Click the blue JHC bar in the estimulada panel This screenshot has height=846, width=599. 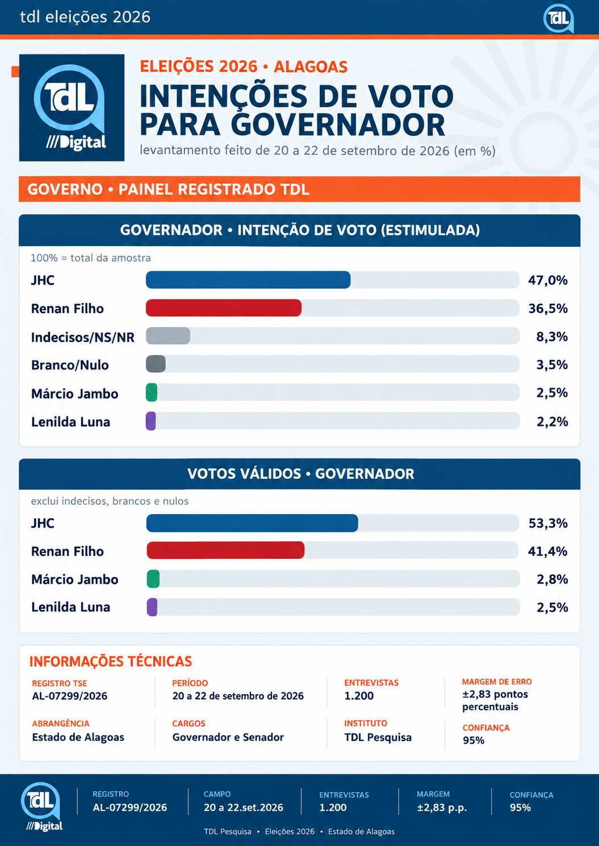click(x=248, y=280)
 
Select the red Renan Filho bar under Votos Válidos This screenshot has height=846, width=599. click(x=225, y=550)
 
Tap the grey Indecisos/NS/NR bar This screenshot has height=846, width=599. click(x=168, y=336)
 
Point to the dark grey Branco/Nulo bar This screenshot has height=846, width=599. click(x=156, y=364)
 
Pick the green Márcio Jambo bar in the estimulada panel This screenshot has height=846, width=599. click(x=152, y=393)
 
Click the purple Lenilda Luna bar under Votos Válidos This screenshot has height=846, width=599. click(x=152, y=607)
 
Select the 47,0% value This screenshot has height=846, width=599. click(x=547, y=280)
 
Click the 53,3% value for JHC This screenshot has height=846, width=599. click(x=548, y=523)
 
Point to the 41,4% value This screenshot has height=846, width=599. click(x=547, y=552)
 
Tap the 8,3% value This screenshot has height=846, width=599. click(x=552, y=336)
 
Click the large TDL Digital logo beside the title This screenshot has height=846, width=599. click(x=72, y=108)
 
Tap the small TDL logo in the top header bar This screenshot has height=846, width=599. click(x=559, y=18)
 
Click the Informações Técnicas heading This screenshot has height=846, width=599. click(x=111, y=662)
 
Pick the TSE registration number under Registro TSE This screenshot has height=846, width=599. click(x=69, y=696)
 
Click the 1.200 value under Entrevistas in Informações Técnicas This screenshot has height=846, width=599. click(x=359, y=696)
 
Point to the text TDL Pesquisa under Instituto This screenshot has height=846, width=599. click(x=378, y=737)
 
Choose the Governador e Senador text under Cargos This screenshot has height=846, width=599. click(x=228, y=737)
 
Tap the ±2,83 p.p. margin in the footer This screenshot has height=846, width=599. click(x=442, y=807)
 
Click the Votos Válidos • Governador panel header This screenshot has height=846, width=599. click(x=300, y=474)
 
